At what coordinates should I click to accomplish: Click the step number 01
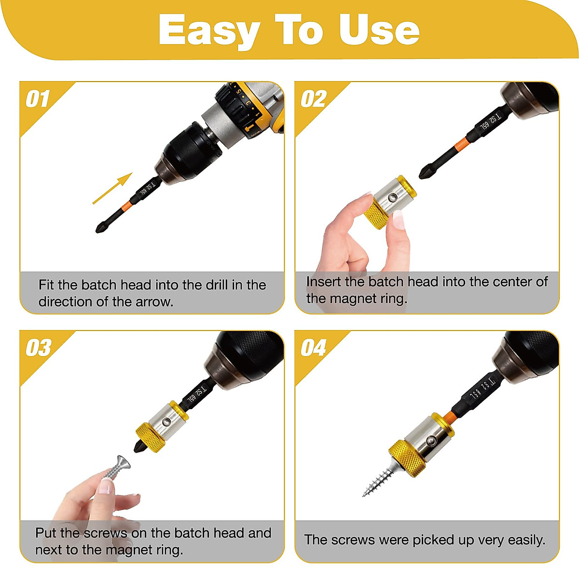(38, 99)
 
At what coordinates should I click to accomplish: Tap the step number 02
(314, 99)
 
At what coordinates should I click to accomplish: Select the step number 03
(39, 348)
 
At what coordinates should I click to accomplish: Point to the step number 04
(314, 348)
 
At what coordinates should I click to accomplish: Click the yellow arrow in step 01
(112, 188)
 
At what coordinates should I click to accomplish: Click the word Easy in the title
(209, 31)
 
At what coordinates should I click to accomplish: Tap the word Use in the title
(379, 30)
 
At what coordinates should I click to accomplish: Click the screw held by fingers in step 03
(116, 467)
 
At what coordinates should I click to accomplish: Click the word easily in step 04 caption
(525, 540)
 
